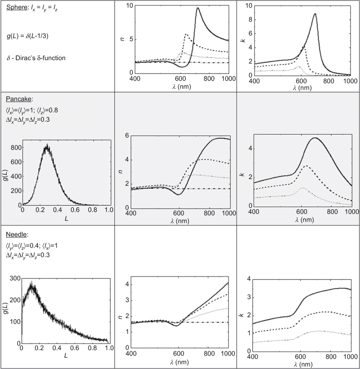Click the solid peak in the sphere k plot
[315, 13]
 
